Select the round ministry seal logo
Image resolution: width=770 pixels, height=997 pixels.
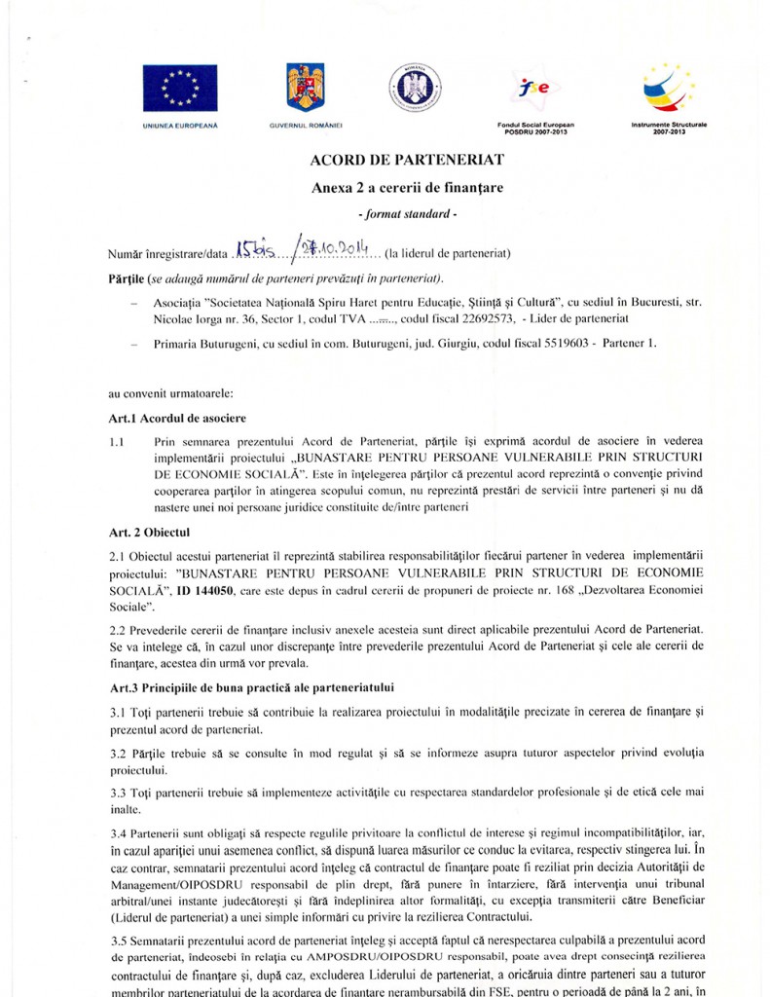pos(417,85)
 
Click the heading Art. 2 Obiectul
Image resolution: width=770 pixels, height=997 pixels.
pos(150,532)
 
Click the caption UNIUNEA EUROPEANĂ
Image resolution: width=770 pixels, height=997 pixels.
pos(180,128)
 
